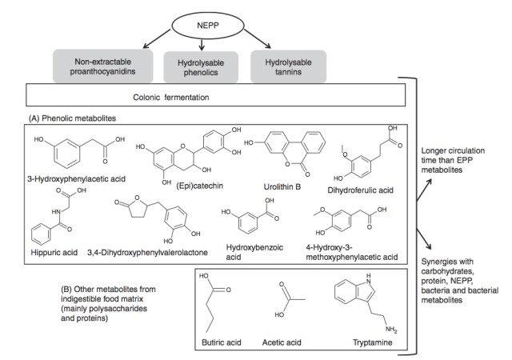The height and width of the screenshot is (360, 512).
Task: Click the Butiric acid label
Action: coord(220,342)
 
